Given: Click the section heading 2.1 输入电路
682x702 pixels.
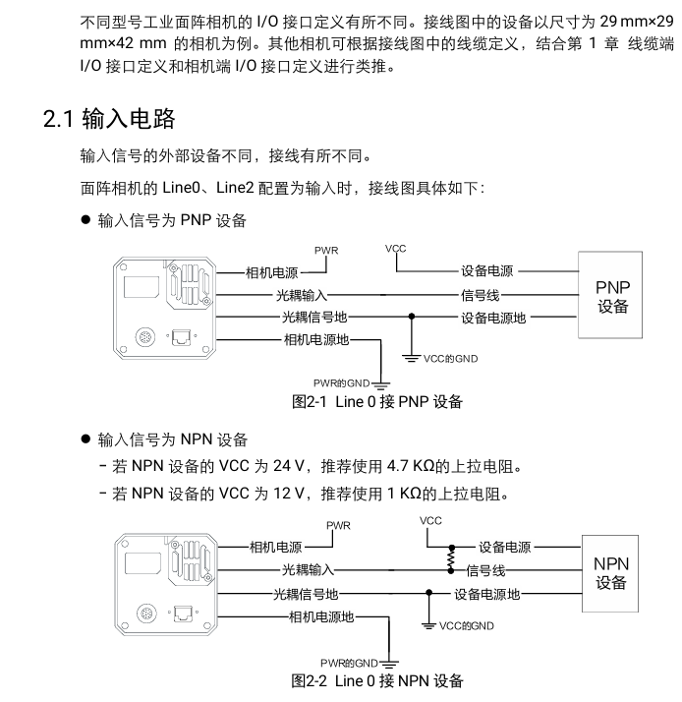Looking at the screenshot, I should (x=109, y=120).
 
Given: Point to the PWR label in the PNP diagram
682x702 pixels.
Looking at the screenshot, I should (x=326, y=251).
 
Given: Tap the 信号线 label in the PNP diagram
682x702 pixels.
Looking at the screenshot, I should (x=481, y=293).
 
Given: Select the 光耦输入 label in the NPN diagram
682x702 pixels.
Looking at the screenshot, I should (x=309, y=569).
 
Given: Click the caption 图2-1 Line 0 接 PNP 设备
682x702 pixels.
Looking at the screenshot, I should (x=377, y=401).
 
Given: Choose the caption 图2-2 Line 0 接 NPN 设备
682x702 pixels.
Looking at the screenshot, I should (x=377, y=680).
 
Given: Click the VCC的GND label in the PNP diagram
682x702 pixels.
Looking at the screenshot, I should (x=451, y=358).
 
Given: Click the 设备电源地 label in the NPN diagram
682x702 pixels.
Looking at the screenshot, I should (x=486, y=593).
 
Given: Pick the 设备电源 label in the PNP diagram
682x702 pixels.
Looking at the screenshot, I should (x=486, y=269).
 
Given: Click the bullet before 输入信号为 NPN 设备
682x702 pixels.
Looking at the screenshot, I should (x=86, y=438).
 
